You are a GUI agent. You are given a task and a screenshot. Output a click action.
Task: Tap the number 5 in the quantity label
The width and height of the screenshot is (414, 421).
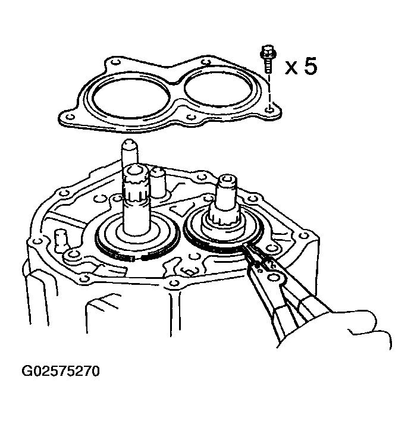pyautogui.click(x=310, y=66)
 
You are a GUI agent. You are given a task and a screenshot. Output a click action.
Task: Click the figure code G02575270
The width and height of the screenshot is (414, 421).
pyautogui.click(x=61, y=371)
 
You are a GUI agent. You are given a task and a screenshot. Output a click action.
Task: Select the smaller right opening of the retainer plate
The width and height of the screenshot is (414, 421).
pyautogui.click(x=219, y=89)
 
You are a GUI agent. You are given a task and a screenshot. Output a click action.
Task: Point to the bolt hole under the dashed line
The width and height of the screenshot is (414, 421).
pyautogui.click(x=269, y=109)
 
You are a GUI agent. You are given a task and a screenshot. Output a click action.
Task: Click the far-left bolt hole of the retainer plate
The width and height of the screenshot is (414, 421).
pyautogui.click(x=70, y=117)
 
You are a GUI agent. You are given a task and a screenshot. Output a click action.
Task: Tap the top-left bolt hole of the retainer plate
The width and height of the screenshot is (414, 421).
pyautogui.click(x=115, y=62)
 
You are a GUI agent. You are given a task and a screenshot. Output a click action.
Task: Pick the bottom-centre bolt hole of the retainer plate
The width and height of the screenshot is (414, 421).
pyautogui.click(x=190, y=117)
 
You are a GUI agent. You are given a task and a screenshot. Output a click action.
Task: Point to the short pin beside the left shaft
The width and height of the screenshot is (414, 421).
pyautogui.click(x=158, y=183)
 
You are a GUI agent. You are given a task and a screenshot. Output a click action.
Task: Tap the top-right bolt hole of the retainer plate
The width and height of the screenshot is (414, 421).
pyautogui.click(x=206, y=62)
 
